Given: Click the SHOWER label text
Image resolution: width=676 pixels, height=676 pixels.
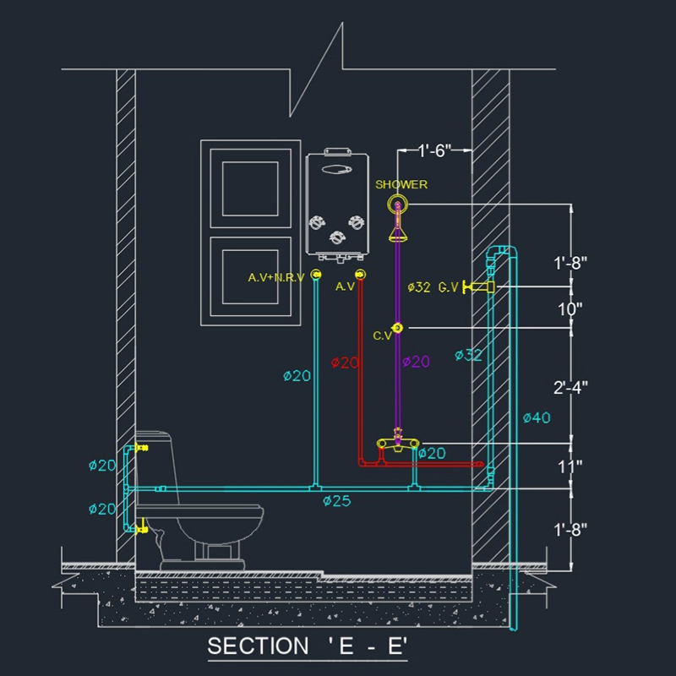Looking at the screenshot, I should (x=401, y=184).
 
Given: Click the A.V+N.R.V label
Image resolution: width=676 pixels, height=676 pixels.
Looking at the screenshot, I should (x=275, y=277).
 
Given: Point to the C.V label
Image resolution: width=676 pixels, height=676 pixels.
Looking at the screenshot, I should (x=383, y=335).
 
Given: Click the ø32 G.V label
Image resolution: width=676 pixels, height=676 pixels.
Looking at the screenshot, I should (x=433, y=287).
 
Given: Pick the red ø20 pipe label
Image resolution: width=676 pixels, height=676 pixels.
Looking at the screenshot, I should (x=345, y=363).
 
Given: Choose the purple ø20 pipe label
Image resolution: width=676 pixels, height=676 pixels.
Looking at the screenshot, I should (x=416, y=362).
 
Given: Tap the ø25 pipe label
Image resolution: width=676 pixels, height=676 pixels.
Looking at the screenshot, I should (x=336, y=501).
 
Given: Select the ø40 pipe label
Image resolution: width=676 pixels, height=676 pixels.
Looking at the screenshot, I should (x=537, y=417).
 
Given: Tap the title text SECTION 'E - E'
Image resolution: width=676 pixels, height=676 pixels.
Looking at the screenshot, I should (x=308, y=646).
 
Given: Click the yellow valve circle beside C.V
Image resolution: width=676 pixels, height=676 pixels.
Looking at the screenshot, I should (x=397, y=328).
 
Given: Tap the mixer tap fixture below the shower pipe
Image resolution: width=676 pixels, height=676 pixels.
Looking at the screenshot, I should (x=397, y=441).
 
